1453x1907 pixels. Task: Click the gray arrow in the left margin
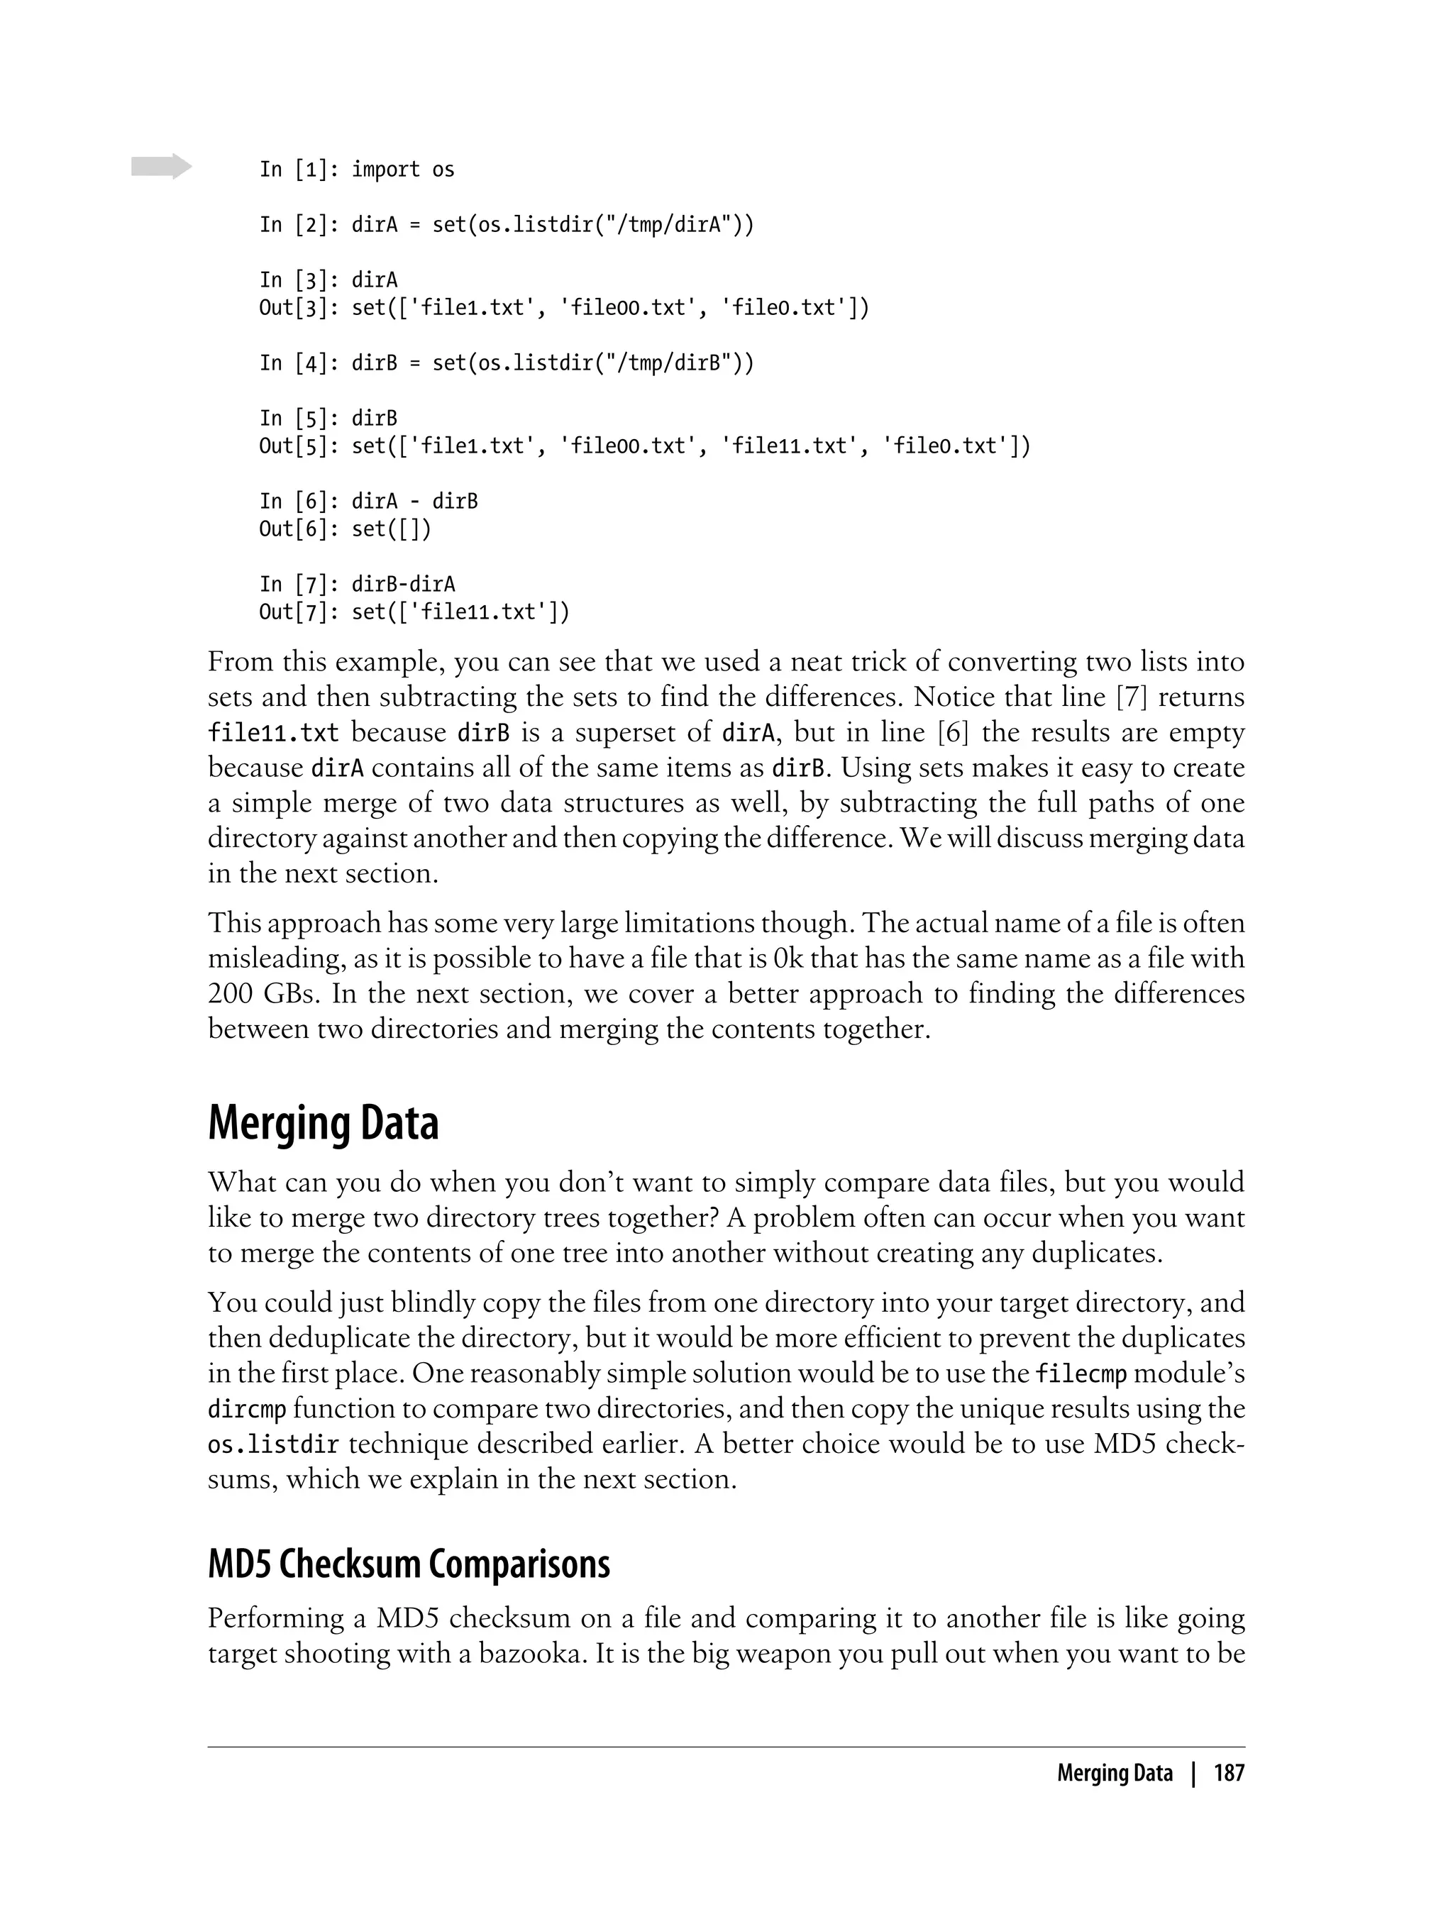[162, 166]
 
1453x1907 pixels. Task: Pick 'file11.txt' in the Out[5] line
[789, 446]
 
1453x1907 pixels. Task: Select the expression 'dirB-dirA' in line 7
[403, 585]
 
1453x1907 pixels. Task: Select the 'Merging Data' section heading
[324, 1124]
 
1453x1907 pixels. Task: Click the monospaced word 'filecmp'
[1081, 1373]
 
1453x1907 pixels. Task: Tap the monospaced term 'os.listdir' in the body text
[274, 1444]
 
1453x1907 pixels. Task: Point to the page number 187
[1228, 1774]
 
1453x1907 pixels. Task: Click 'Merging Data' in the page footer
[1114, 1774]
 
